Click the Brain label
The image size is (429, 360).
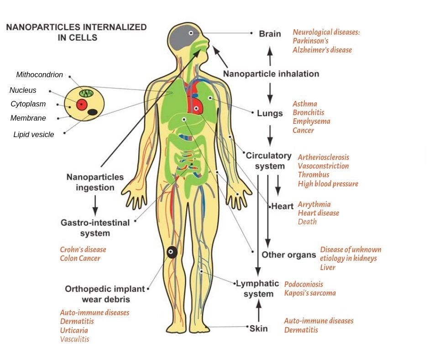270,34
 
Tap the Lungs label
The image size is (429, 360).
269,113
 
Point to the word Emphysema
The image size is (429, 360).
311,122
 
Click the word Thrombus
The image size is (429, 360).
313,175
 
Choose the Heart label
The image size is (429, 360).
283,206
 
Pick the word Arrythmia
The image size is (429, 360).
314,204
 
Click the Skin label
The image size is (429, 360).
258,328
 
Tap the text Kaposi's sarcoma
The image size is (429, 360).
310,293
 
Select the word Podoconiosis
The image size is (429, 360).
303,284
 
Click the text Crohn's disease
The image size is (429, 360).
83,249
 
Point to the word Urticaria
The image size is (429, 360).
74,330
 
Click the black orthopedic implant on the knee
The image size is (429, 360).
172,252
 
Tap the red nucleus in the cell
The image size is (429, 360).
82,105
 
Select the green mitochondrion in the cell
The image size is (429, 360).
87,93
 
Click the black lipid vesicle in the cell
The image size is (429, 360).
92,112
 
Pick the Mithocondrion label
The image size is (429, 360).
40,75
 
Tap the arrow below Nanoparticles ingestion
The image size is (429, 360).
95,206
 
